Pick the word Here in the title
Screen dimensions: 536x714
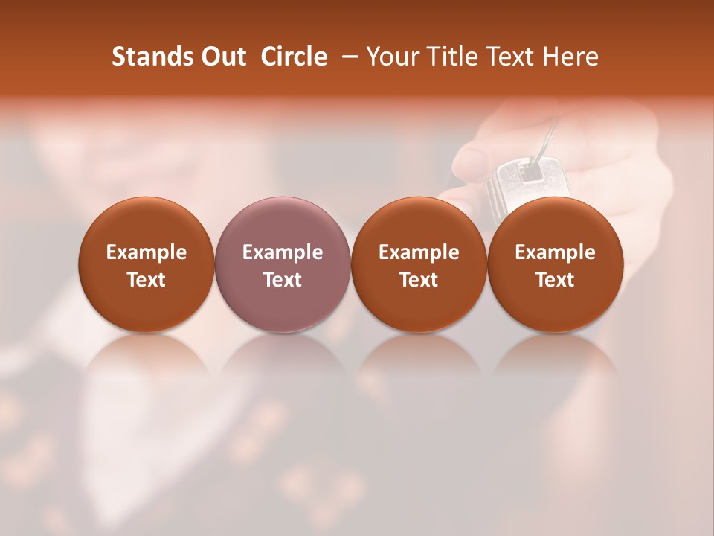click(x=570, y=57)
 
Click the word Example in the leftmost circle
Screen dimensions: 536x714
click(x=147, y=252)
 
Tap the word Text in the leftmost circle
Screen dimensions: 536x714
click(x=147, y=280)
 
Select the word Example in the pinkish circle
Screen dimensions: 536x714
click(x=283, y=252)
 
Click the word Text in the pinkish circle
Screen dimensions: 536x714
click(x=283, y=280)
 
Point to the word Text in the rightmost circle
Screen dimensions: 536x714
click(x=555, y=280)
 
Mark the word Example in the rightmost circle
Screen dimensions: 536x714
click(x=555, y=252)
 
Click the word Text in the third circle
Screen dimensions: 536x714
click(x=419, y=280)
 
